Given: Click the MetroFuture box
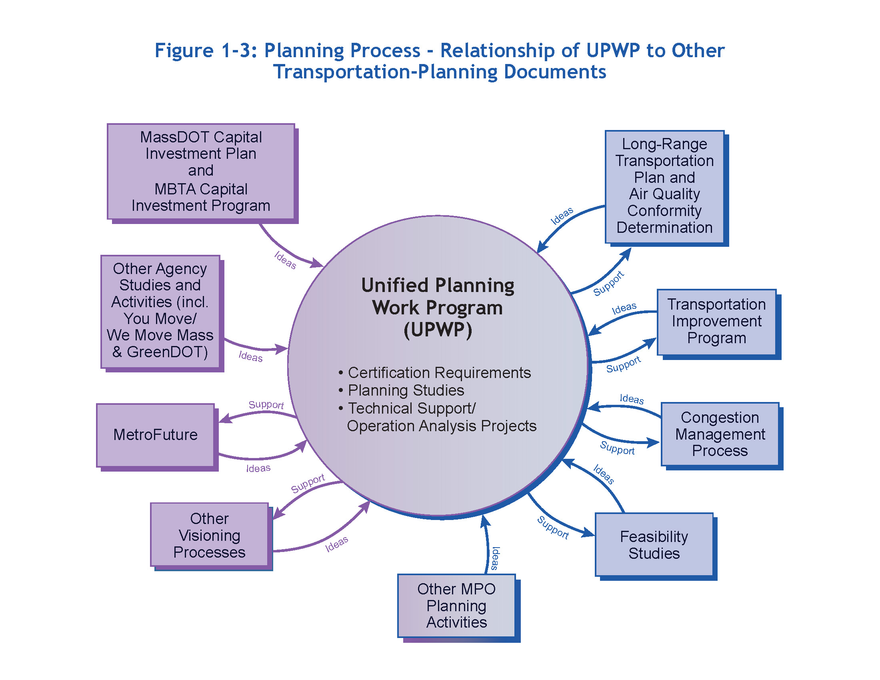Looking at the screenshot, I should tap(155, 435).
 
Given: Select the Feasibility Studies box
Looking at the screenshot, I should tap(654, 545).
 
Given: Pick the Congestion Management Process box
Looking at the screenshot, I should tap(720, 434).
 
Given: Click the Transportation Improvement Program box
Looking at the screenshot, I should tap(716, 322).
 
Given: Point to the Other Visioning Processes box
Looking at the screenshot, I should tap(209, 535).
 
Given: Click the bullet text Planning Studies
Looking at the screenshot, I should tap(406, 390).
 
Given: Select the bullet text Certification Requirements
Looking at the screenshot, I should tap(439, 373).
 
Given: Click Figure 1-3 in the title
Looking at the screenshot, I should tap(206, 51).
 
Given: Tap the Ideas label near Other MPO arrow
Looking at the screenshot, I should tap(495, 558).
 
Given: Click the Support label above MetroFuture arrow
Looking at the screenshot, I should tap(266, 404).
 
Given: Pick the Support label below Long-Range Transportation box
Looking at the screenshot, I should tap(608, 283).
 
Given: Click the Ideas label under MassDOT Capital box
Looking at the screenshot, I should tap(285, 260).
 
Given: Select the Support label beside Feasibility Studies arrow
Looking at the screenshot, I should tap(553, 527).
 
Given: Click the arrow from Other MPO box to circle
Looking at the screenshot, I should tap(486, 544).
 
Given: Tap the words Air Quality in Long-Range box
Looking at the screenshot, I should tap(664, 194).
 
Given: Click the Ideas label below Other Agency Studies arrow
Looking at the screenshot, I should tap(250, 356).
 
